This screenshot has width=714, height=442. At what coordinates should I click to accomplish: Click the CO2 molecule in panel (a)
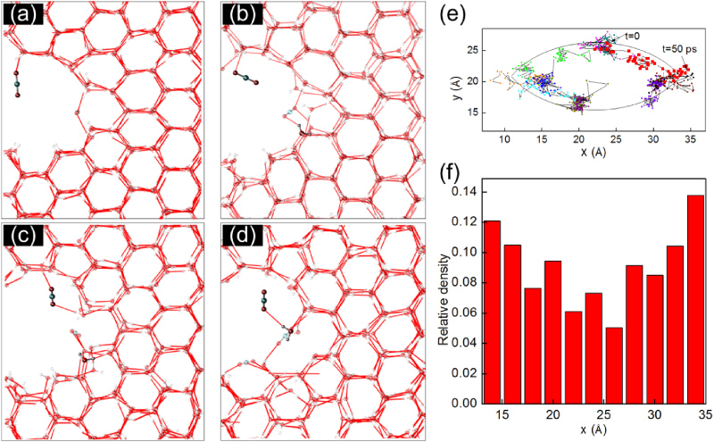coord(16,84)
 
